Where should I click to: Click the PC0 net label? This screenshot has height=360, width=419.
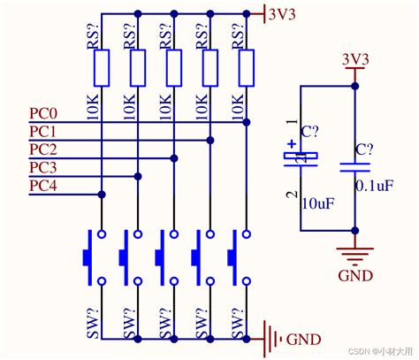click(x=43, y=114)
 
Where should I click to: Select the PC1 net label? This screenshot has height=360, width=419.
click(x=43, y=132)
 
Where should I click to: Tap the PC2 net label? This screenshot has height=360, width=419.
click(x=43, y=149)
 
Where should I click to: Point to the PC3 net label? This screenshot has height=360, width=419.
click(x=43, y=167)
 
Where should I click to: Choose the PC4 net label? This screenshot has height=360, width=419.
click(x=43, y=185)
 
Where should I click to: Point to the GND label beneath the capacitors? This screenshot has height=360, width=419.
click(x=355, y=275)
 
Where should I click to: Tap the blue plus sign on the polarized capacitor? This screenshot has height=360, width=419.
click(x=292, y=144)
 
